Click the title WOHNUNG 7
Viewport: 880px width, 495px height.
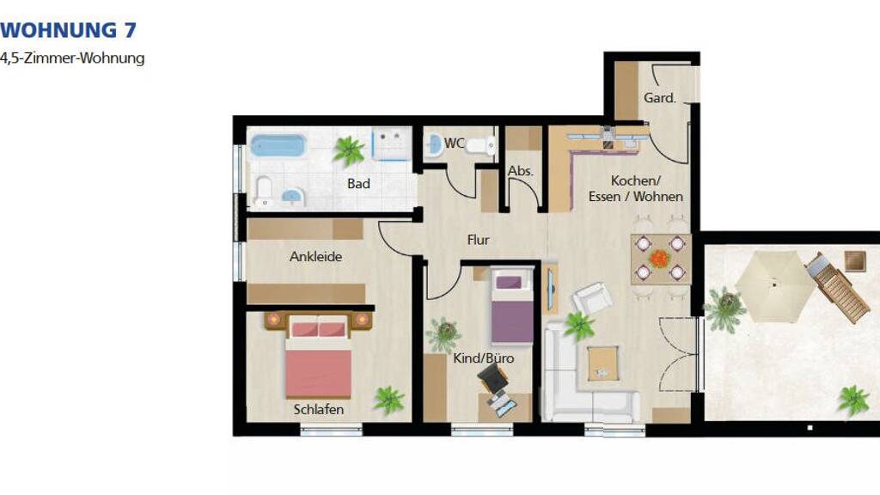coord(68,30)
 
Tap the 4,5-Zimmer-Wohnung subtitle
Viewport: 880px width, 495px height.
coord(72,58)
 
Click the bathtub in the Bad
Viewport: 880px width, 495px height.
coord(278,144)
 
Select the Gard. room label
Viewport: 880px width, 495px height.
coord(659,98)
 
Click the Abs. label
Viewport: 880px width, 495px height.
coord(520,171)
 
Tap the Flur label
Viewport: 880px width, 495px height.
coord(478,240)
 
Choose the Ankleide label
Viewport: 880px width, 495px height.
coord(316,256)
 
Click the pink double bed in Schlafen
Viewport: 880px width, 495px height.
coord(318,356)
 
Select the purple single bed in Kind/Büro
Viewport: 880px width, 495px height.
coord(512,306)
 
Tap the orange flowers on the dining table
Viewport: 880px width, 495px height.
coord(660,259)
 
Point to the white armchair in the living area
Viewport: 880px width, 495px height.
coord(592,298)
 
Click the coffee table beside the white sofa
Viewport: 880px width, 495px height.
coord(602,363)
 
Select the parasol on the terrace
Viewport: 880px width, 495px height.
coord(774,286)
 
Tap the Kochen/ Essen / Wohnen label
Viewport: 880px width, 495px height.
coord(635,188)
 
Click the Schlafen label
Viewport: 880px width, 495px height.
coord(318,410)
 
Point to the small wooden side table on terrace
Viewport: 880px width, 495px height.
coord(855,261)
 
